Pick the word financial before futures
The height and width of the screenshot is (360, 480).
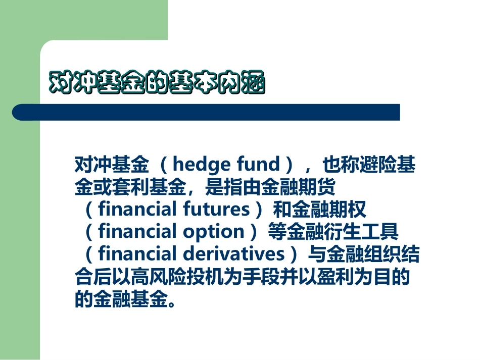pyautogui.click(x=134, y=209)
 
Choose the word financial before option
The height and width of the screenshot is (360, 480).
pyautogui.click(x=134, y=231)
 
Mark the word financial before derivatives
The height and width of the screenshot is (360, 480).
pyautogui.click(x=134, y=253)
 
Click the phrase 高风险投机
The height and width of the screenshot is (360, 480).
pyautogui.click(x=166, y=276)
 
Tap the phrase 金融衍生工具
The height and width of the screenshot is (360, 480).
pyautogui.click(x=354, y=231)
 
